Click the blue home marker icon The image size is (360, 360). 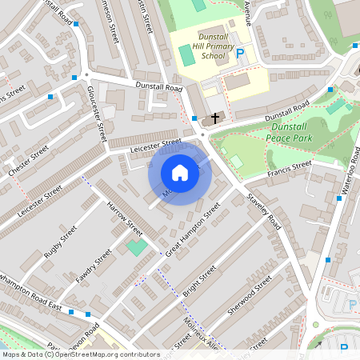coord(180,173)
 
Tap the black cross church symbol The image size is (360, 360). coord(214,119)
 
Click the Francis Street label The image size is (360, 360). coord(289,168)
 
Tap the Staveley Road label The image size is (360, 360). coord(265,210)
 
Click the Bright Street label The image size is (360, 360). coord(199,282)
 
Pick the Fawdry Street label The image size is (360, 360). coord(94,266)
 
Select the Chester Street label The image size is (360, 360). coord(29,160)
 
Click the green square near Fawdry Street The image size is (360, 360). coord(137,247)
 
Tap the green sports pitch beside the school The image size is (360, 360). coord(186,56)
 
